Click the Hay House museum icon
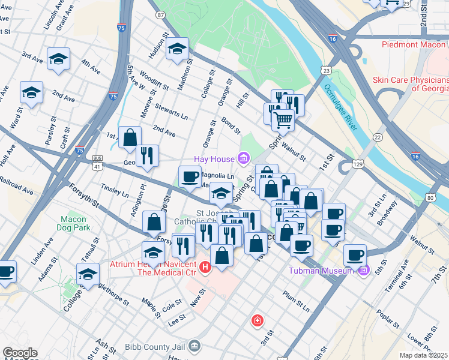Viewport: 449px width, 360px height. click(x=243, y=158)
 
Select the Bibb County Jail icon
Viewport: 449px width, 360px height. click(x=194, y=346)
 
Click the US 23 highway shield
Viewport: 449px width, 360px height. click(x=326, y=71)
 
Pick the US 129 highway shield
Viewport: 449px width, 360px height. click(x=358, y=163)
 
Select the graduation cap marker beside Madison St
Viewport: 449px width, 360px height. click(x=178, y=49)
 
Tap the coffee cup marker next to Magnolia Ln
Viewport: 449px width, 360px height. click(x=190, y=176)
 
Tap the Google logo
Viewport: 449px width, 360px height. click(x=20, y=353)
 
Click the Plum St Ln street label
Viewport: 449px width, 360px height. click(x=297, y=302)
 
